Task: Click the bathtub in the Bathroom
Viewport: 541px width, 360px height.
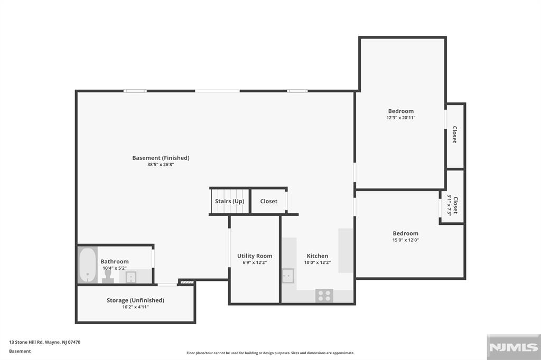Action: (x=87, y=265)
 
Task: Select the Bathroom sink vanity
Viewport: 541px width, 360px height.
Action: (x=130, y=277)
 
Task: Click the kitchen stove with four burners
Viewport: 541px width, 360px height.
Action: (x=323, y=296)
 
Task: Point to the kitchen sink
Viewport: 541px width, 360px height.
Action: (x=288, y=276)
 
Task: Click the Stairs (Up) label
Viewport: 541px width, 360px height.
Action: (x=229, y=201)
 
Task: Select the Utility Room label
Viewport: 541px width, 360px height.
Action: (x=255, y=256)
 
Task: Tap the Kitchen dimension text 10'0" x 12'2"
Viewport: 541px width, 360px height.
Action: (x=318, y=262)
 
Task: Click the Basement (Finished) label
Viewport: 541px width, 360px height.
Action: (x=161, y=158)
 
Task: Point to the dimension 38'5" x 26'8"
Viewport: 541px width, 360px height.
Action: (x=161, y=165)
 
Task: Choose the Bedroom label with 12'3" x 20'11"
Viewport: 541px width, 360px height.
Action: (x=401, y=111)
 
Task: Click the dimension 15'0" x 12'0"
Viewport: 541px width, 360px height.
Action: (x=405, y=240)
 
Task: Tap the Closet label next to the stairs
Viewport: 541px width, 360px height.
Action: (x=268, y=201)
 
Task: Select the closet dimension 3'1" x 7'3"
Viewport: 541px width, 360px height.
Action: (x=450, y=205)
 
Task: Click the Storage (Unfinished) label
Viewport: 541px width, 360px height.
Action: (x=135, y=300)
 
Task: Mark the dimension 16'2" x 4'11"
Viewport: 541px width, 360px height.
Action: (x=135, y=307)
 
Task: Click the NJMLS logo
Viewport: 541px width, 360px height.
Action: (x=512, y=347)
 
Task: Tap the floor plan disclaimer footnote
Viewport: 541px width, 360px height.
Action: (x=270, y=353)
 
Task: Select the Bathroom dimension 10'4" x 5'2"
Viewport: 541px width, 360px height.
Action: (x=115, y=268)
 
